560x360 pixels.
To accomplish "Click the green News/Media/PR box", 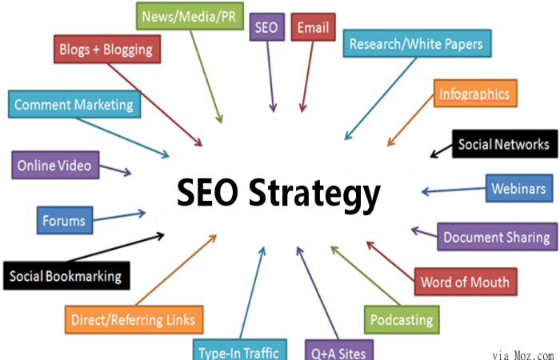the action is (190, 16).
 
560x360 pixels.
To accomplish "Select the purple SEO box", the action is (267, 27).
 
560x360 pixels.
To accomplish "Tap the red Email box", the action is (314, 27).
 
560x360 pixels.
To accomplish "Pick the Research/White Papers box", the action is (417, 43).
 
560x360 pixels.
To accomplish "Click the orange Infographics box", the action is (475, 94).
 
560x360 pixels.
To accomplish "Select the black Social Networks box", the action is (505, 144).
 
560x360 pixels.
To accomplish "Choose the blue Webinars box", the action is (519, 188).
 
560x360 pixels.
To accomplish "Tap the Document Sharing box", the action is (497, 237).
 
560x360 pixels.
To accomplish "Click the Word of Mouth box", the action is (466, 282).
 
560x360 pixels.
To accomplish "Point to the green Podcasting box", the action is (402, 320).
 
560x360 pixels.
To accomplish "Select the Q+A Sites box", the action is (339, 350).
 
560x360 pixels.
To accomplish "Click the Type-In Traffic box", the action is (240, 350).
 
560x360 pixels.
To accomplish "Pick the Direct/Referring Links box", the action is (134, 320).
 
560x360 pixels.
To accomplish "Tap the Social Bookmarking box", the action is (66, 276).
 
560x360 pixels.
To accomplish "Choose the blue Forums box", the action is (65, 220).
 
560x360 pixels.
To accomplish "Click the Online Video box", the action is (55, 165).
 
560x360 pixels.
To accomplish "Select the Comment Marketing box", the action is (74, 104).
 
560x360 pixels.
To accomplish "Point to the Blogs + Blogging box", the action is (107, 50).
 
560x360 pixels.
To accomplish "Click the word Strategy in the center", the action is (314, 194).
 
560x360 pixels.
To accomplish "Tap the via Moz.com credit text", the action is (523, 355).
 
